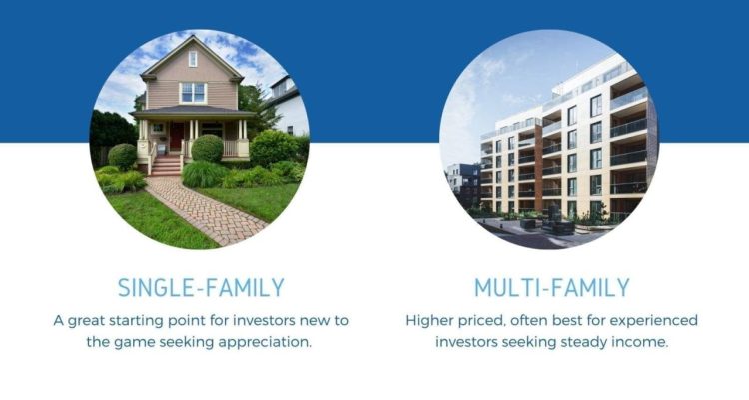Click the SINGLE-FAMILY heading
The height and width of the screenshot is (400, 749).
[201, 287]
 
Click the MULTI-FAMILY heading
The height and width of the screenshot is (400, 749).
[551, 287]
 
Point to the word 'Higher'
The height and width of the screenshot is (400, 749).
[433, 320]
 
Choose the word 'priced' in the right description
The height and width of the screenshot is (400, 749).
[490, 320]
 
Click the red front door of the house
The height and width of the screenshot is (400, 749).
[177, 136]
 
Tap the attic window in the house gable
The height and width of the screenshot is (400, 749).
[193, 58]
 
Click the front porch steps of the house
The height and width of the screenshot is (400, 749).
[165, 166]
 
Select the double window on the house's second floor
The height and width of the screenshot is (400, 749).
[193, 93]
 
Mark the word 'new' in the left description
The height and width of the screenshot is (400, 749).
[301, 320]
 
